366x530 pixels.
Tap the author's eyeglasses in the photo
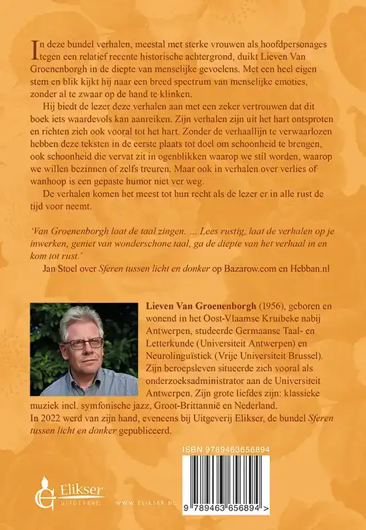(83, 343)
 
